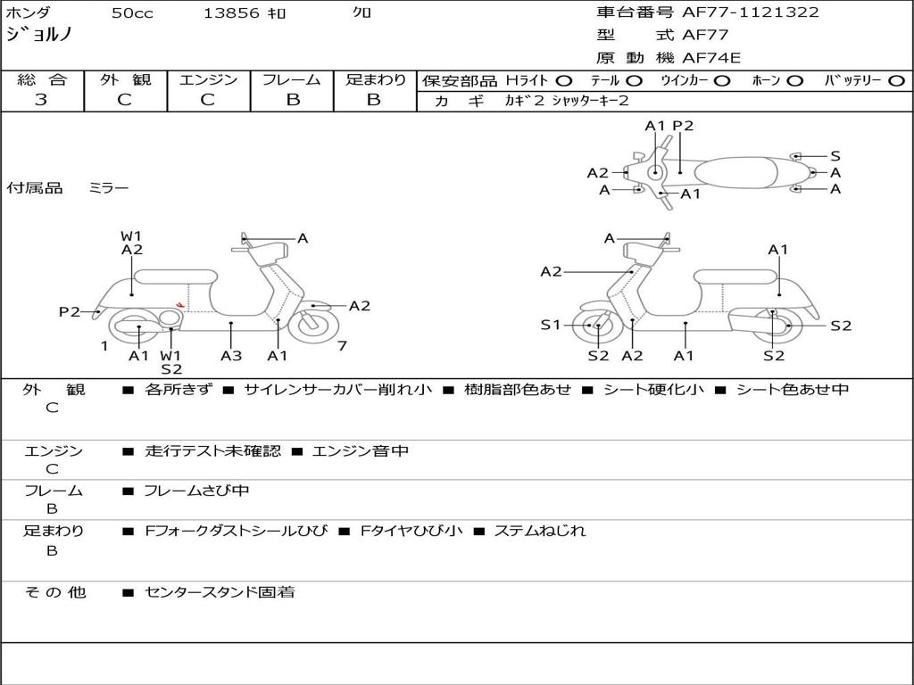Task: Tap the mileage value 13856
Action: pyautogui.click(x=231, y=13)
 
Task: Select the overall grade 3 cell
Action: pyautogui.click(x=41, y=100)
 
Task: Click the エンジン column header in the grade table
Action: pyautogui.click(x=208, y=79)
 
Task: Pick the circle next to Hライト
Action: pyautogui.click(x=564, y=80)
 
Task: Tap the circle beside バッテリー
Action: pyautogui.click(x=896, y=80)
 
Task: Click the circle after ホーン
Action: pyautogui.click(x=794, y=80)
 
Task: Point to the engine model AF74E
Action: pyautogui.click(x=711, y=59)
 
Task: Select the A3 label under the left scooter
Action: pyautogui.click(x=231, y=356)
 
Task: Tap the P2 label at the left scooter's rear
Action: pyautogui.click(x=69, y=311)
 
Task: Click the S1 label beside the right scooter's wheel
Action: pyautogui.click(x=551, y=325)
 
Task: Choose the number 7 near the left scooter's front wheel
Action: pyautogui.click(x=342, y=346)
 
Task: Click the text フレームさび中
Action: pyautogui.click(x=196, y=491)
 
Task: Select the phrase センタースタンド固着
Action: pyautogui.click(x=220, y=592)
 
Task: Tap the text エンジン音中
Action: pyautogui.click(x=360, y=451)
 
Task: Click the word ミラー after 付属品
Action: pyautogui.click(x=109, y=188)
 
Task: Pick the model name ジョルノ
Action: pyautogui.click(x=39, y=36)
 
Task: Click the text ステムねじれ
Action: pyautogui.click(x=539, y=531)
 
